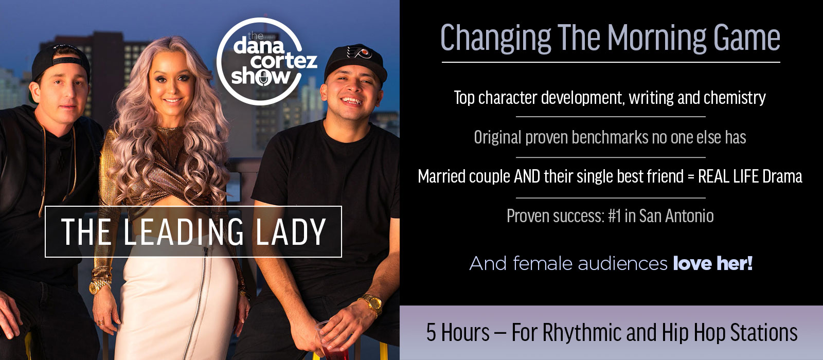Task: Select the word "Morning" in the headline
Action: click(x=656, y=39)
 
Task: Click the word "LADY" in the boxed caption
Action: click(x=291, y=231)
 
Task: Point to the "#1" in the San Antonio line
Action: click(x=614, y=215)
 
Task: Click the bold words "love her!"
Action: click(x=713, y=263)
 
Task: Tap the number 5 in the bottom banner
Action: click(x=431, y=332)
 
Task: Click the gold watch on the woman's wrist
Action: click(x=98, y=286)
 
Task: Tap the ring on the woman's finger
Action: click(x=100, y=323)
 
